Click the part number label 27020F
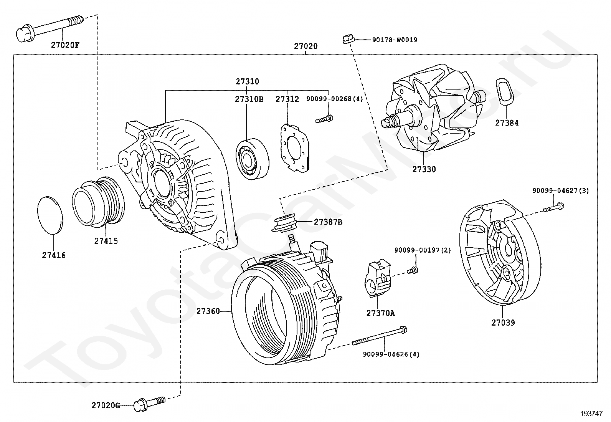[x=65, y=45]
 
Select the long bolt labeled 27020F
[x=50, y=28]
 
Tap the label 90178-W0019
[x=395, y=40]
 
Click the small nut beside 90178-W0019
[x=348, y=39]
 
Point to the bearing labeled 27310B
[x=252, y=159]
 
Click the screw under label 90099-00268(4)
[x=324, y=119]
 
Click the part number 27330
[x=424, y=169]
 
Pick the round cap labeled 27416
[x=50, y=215]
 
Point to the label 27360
[x=208, y=311]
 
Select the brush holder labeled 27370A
[x=378, y=278]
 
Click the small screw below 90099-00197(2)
[x=413, y=270]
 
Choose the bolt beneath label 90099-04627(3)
[x=553, y=207]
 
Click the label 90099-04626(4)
[x=391, y=354]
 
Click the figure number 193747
[x=591, y=414]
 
